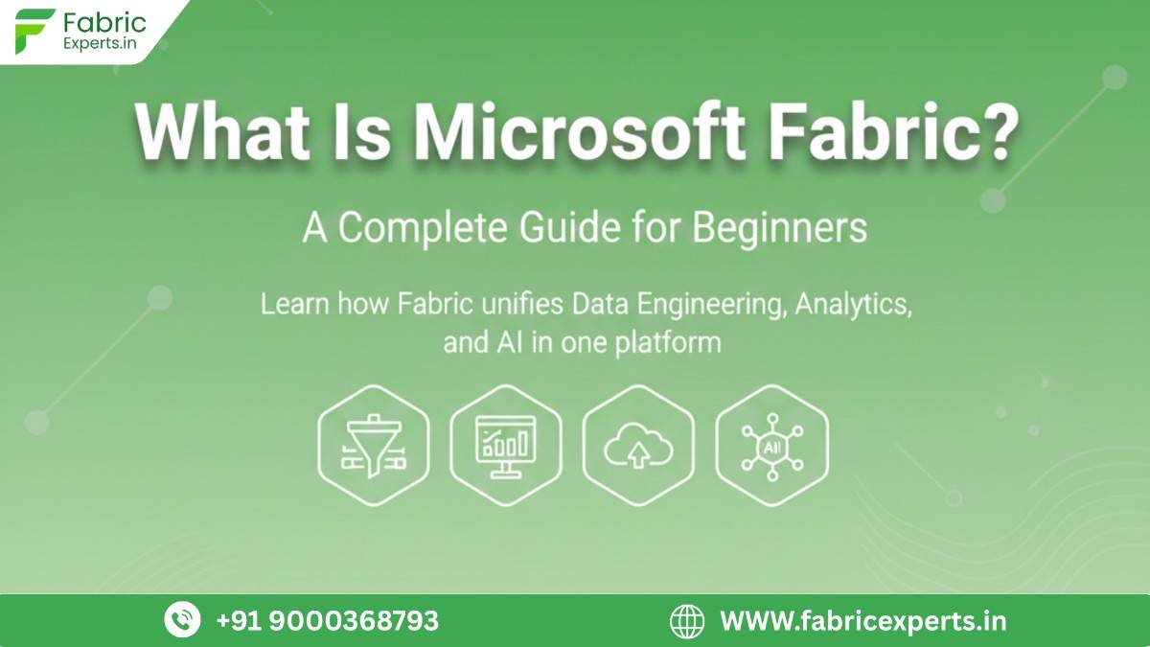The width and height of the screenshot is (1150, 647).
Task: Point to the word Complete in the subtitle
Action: (423, 228)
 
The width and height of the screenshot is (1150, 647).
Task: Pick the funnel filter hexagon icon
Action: (374, 445)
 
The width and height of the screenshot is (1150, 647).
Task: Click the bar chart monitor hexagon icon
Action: (506, 445)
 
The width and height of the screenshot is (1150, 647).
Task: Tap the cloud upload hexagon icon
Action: (638, 445)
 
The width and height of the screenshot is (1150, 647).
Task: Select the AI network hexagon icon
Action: (771, 445)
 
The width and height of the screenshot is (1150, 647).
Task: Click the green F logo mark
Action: (34, 31)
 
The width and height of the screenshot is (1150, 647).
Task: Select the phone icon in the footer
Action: (182, 620)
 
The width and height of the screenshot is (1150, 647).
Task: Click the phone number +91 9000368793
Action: (328, 620)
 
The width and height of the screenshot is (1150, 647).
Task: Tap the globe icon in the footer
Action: (686, 620)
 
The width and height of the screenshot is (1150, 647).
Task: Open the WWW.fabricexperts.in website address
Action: (862, 620)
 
